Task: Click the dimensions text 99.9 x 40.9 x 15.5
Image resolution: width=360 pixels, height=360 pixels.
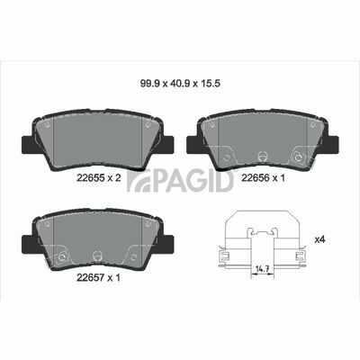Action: pos(180,83)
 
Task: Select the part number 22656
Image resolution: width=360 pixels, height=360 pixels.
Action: pos(255,178)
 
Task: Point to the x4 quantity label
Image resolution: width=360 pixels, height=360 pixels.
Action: pos(319,239)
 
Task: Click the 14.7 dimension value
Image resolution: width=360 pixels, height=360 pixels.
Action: pos(262,268)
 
